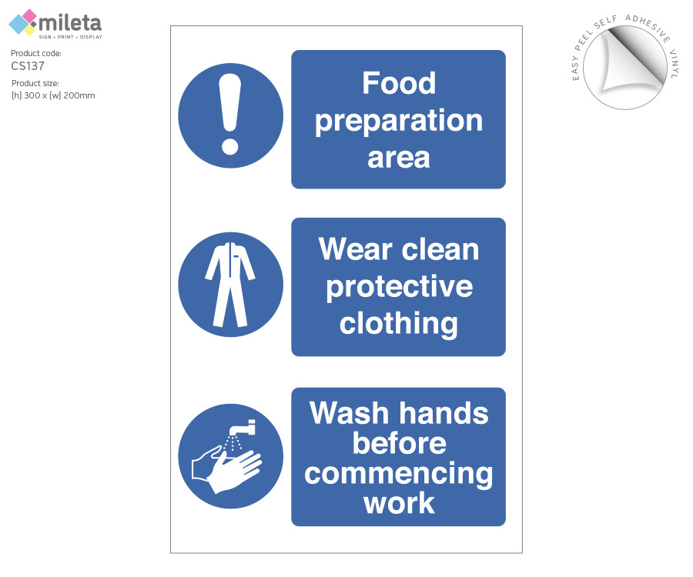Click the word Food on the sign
[399, 83]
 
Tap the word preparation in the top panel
[399, 121]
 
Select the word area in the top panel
[399, 158]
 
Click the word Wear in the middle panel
[355, 249]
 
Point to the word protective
[400, 288]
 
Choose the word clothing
[399, 324]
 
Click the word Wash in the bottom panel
[349, 413]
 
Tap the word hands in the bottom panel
[444, 413]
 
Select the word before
[399, 443]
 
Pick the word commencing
[399, 474]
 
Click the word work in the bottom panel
[399, 503]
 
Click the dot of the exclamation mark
[229, 145]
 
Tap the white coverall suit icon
[229, 285]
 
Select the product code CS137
[28, 66]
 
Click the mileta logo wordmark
[70, 23]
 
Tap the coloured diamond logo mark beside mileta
[23, 22]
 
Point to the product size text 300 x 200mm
[53, 96]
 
